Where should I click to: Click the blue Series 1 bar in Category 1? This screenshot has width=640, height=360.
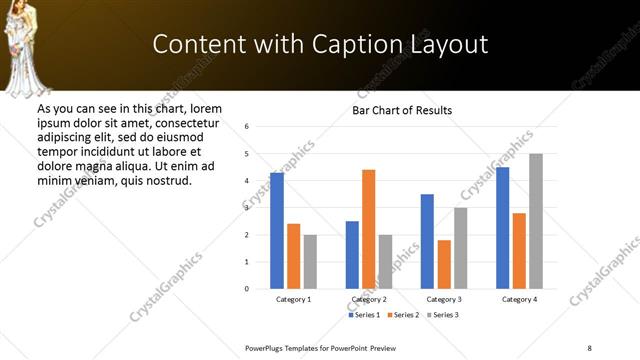pos(277,231)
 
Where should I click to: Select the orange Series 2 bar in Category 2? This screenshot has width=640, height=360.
pos(368,229)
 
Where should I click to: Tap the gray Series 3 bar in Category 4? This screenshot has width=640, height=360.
pos(536,221)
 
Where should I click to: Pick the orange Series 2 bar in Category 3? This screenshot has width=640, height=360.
pos(444,264)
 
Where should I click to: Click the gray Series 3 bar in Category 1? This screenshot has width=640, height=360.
pos(310,262)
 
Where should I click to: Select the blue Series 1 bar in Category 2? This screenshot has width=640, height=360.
pos(352,255)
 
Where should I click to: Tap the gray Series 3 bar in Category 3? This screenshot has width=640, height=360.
pos(460,248)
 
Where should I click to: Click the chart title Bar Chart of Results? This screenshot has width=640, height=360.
pos(402,110)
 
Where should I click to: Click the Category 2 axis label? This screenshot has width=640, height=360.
pos(369,299)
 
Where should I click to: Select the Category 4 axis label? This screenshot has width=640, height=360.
pos(519,299)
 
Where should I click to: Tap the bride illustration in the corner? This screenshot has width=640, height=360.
pos(28,46)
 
